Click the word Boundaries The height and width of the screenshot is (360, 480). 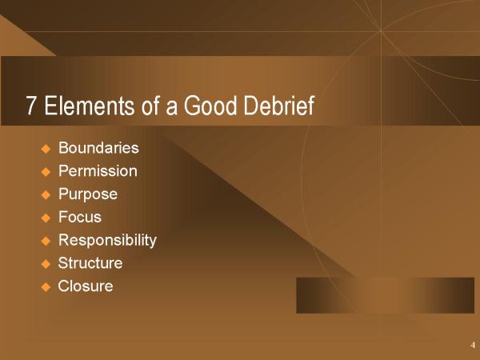98,147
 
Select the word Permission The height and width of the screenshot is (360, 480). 98,171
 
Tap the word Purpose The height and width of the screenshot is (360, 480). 88,194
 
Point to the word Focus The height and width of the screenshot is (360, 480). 79,217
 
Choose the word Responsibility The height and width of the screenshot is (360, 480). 107,241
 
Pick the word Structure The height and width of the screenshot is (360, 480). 90,263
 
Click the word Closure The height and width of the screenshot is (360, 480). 86,286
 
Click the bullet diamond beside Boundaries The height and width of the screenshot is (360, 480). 46,149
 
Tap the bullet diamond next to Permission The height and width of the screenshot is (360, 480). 46,172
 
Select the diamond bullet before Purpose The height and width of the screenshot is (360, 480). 46,195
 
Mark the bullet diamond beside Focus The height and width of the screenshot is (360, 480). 46,218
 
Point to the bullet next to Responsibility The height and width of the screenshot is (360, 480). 46,241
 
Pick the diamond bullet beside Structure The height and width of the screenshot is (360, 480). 46,264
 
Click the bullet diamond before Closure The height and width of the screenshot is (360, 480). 46,287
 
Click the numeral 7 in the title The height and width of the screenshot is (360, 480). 30,106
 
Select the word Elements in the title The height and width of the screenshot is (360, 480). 89,106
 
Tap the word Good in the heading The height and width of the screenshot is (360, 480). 210,106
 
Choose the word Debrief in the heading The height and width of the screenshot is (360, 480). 279,106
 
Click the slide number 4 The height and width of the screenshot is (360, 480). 473,345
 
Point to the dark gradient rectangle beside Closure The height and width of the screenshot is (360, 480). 385,295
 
